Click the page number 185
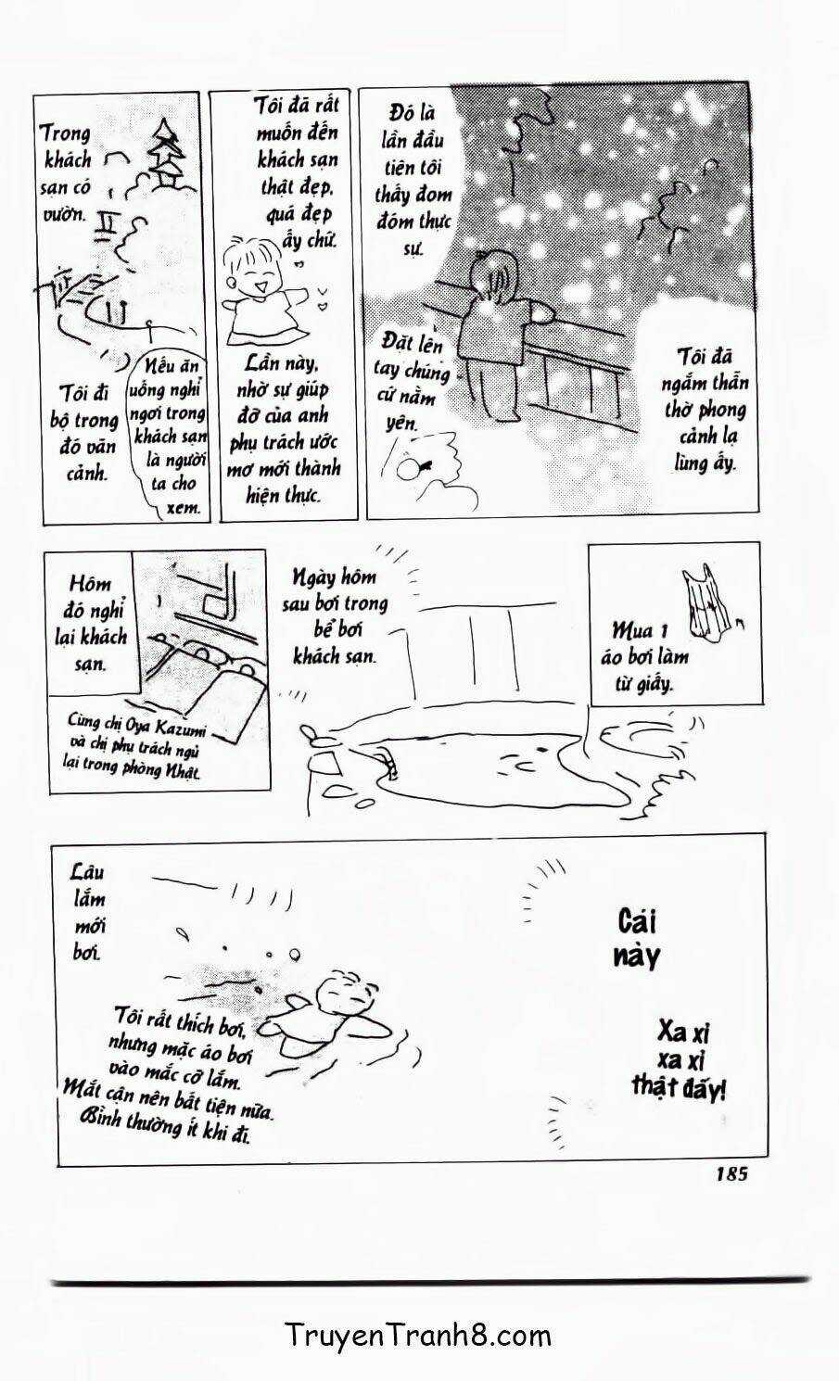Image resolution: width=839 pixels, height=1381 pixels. pos(731,1173)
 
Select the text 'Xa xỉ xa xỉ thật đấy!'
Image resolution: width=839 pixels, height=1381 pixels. pos(680,1058)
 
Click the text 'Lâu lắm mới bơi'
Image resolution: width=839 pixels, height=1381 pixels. pos(88,912)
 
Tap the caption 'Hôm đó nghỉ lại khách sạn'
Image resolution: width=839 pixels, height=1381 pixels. pos(90,623)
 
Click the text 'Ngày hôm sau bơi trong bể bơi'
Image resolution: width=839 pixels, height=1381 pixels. pos(335,616)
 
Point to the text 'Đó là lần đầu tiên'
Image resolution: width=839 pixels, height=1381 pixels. pos(413,181)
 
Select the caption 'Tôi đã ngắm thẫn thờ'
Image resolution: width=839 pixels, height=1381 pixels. pos(704,409)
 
